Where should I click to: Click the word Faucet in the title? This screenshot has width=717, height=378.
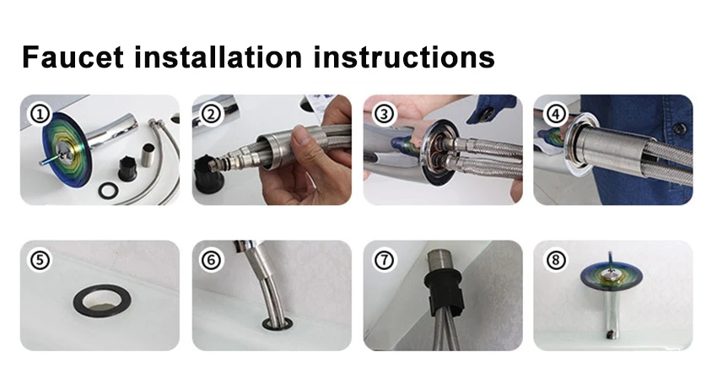pyautogui.click(x=73, y=57)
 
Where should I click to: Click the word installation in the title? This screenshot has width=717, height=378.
pyautogui.click(x=218, y=57)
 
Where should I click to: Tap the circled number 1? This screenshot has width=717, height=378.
pyautogui.click(x=40, y=114)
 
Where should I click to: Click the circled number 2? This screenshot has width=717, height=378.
pyautogui.click(x=211, y=114)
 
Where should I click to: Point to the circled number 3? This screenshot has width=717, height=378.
pyautogui.click(x=384, y=114)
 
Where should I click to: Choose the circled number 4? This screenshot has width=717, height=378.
pyautogui.click(x=556, y=114)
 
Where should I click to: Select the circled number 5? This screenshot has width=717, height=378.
pyautogui.click(x=40, y=260)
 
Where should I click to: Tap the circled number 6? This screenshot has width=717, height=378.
pyautogui.click(x=211, y=260)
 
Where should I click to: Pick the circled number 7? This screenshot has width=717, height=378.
pyautogui.click(x=384, y=260)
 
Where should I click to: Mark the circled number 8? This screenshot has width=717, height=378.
pyautogui.click(x=556, y=260)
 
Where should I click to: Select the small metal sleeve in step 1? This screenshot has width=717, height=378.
pyautogui.click(x=150, y=154)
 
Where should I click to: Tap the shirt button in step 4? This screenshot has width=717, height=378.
pyautogui.click(x=680, y=129)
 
